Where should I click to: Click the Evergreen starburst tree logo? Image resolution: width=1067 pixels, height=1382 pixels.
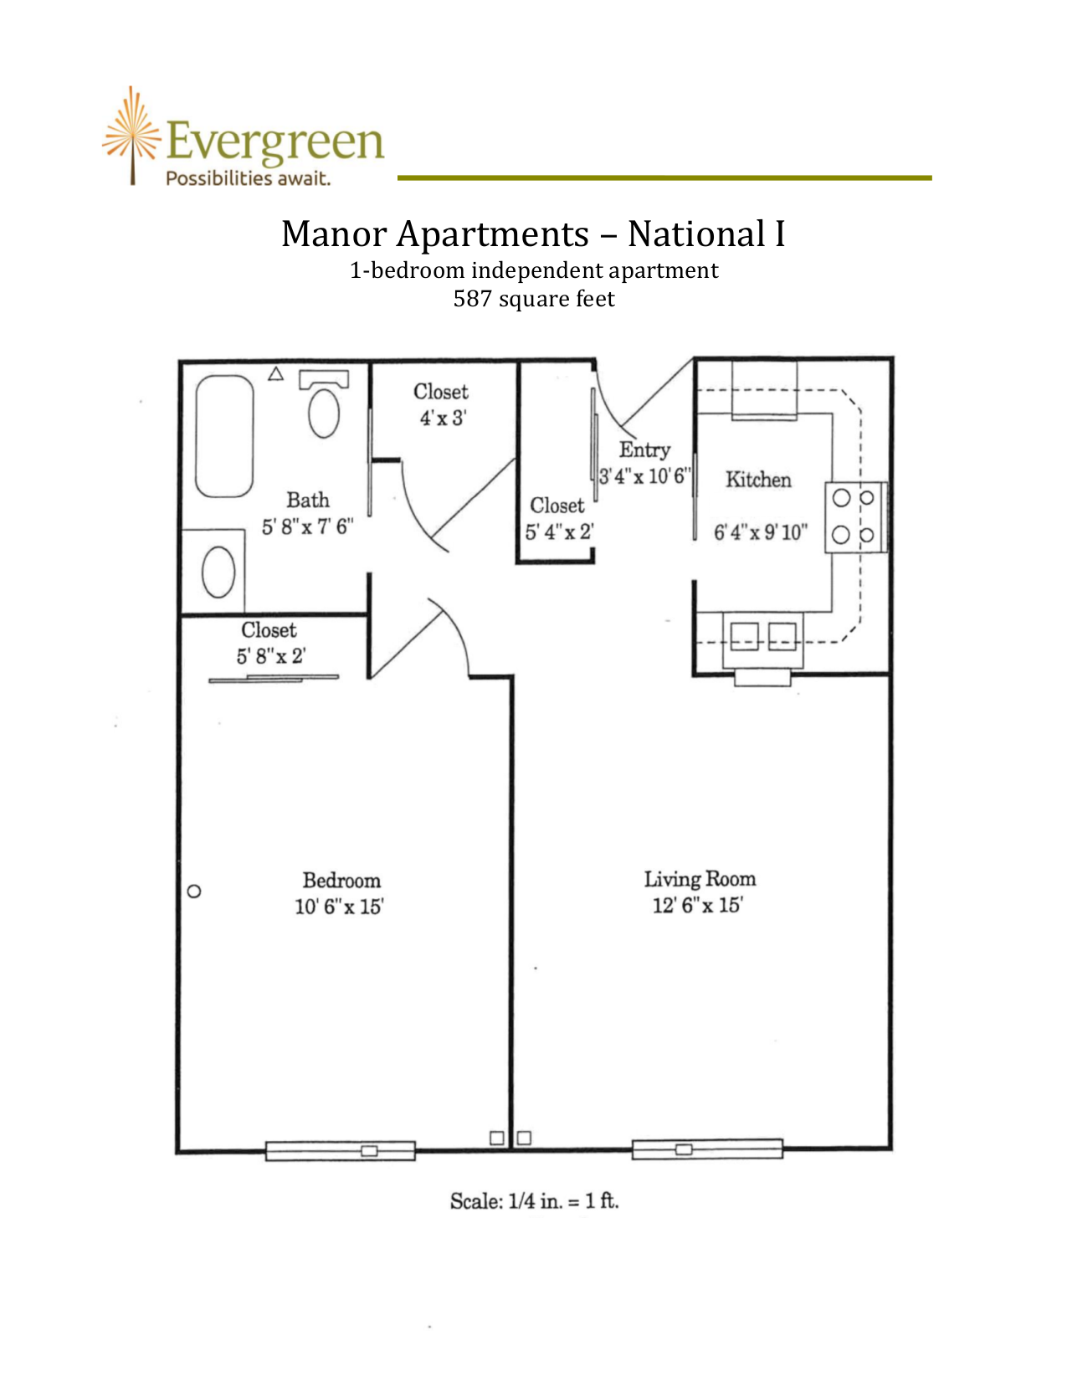click(132, 135)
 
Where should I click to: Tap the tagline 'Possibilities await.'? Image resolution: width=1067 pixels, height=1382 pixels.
click(248, 178)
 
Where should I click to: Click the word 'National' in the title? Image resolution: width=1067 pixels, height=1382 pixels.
click(696, 234)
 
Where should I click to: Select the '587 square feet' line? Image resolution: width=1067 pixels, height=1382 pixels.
click(534, 298)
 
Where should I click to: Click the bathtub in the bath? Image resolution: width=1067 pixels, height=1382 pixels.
click(224, 436)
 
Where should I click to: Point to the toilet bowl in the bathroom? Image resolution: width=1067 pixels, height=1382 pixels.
click(324, 413)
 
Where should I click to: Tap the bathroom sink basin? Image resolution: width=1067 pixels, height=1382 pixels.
click(218, 572)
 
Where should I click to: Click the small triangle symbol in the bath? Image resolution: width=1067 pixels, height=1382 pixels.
click(275, 373)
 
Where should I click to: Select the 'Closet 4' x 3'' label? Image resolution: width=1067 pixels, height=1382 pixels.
click(442, 404)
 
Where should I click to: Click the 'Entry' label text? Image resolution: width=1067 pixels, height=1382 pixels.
click(644, 450)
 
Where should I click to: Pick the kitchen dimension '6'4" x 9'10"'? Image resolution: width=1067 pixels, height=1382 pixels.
click(760, 532)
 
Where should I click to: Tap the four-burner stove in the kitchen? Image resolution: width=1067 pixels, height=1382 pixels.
click(855, 516)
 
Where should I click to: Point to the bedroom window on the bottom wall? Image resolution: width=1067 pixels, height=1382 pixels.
click(341, 1150)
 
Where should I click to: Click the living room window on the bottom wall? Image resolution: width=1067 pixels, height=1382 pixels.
click(707, 1148)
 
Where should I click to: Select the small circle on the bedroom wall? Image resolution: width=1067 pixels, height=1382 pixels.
click(195, 891)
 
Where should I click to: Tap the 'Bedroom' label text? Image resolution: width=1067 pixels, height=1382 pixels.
click(341, 881)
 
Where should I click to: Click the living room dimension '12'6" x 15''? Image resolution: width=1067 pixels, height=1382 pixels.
click(698, 905)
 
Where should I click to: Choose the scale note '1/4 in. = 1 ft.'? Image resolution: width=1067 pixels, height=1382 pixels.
click(563, 1200)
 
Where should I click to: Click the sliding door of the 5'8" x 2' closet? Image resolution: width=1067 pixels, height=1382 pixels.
click(274, 679)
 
